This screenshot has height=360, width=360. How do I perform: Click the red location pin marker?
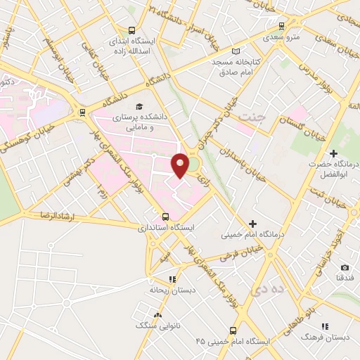click(181, 164)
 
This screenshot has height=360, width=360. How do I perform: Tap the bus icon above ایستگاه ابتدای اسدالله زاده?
click(132, 30)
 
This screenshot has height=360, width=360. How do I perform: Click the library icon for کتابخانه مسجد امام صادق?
click(236, 51)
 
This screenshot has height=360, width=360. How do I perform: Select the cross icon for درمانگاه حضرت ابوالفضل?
click(333, 153)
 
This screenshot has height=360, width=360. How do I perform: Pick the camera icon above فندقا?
click(345, 267)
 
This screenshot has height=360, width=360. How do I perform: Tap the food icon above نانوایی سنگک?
click(158, 315)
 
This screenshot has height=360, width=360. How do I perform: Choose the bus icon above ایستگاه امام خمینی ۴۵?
click(233, 330)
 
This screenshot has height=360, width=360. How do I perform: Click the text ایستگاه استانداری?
click(162, 229)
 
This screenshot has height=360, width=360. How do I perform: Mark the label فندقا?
click(345, 278)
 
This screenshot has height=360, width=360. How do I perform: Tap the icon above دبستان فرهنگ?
click(325, 326)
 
